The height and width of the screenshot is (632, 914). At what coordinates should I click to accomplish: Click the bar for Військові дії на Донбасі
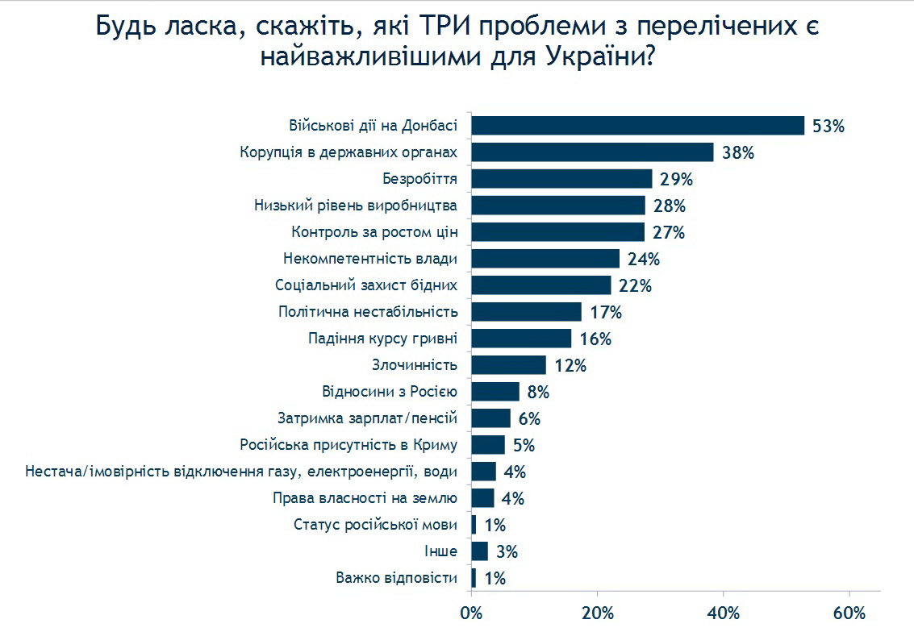(x=637, y=126)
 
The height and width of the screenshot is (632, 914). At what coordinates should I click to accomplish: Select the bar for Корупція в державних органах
(x=592, y=152)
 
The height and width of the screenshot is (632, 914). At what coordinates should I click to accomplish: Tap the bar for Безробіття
(x=561, y=179)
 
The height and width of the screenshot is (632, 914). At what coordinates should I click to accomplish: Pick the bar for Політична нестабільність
(x=526, y=312)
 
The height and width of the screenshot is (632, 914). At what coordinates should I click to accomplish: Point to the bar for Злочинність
(x=508, y=365)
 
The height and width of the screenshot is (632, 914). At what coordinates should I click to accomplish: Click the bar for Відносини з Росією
(x=495, y=392)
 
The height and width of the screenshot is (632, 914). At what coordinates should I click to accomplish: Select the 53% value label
(x=828, y=127)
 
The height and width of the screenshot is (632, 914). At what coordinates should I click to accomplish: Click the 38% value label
(x=737, y=153)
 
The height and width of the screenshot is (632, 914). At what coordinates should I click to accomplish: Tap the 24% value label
(x=644, y=260)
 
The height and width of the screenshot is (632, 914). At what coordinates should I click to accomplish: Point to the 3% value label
(x=507, y=552)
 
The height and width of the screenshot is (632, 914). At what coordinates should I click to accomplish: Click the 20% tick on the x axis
(x=597, y=613)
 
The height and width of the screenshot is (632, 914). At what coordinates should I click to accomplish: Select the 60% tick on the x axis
(x=849, y=613)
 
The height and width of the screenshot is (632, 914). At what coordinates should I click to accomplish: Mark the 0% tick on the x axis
(x=471, y=613)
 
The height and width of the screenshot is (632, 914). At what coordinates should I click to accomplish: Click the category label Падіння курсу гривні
(x=383, y=339)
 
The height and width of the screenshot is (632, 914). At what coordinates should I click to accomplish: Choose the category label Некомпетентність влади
(x=370, y=259)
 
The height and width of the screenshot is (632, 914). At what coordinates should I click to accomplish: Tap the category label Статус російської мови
(x=375, y=525)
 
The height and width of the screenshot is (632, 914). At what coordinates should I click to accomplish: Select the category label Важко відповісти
(x=396, y=578)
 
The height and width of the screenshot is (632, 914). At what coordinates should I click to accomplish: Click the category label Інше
(x=440, y=551)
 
